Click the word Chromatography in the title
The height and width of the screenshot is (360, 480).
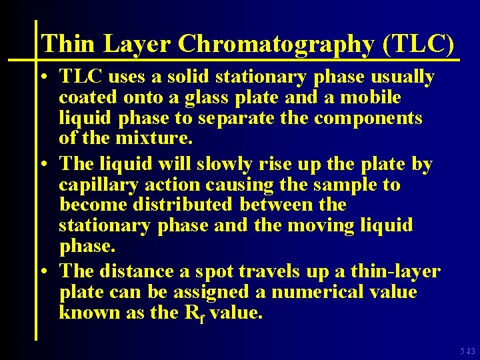click(277, 44)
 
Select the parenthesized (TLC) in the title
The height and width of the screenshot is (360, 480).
click(419, 44)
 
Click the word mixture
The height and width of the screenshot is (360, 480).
click(159, 139)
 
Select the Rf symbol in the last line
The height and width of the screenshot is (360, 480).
click(195, 313)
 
